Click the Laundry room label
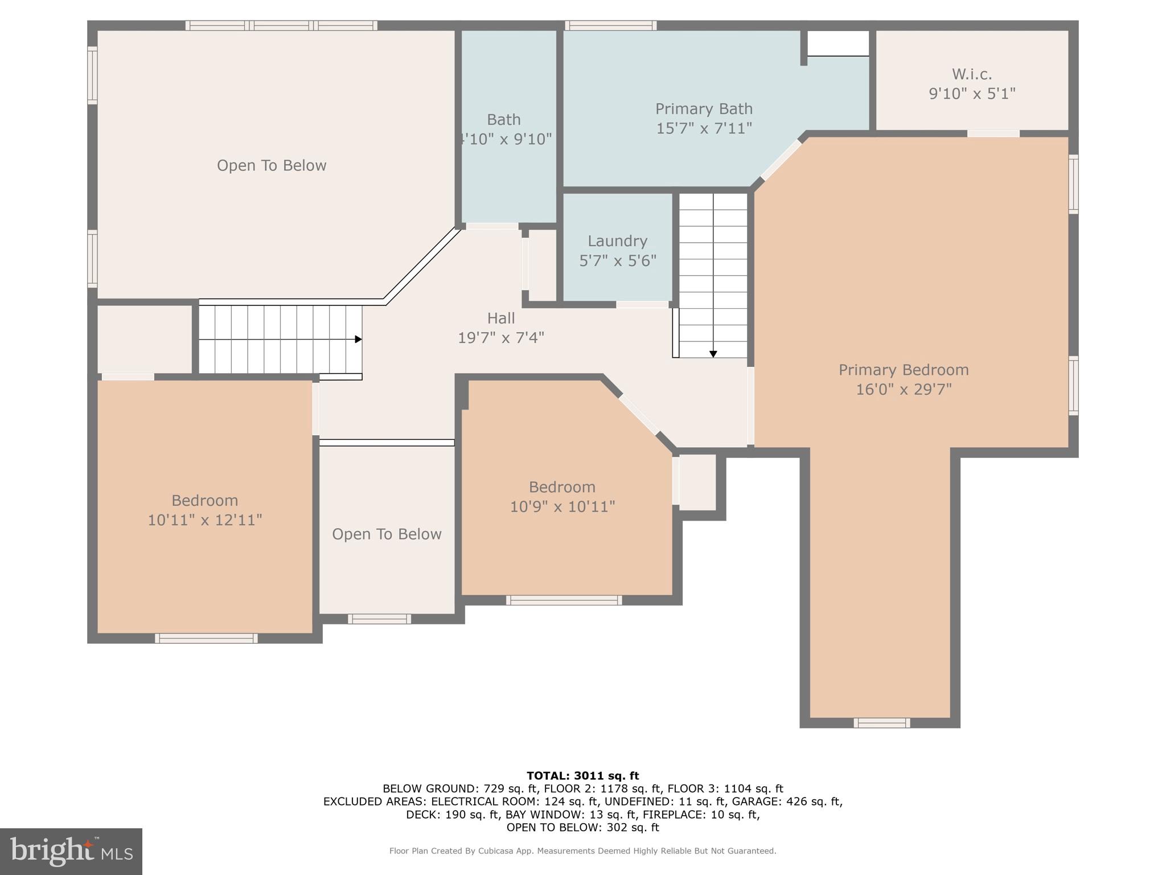click(617, 241)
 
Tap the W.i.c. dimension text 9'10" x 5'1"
click(972, 93)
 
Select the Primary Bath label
click(704, 109)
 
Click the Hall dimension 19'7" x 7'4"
click(501, 338)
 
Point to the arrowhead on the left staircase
click(359, 340)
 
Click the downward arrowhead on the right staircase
click(713, 354)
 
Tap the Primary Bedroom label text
click(904, 370)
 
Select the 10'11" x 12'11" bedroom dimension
click(205, 520)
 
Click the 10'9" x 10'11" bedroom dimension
click(563, 506)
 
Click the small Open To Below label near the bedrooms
click(387, 534)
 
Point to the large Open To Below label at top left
click(272, 166)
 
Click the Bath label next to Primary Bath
click(503, 120)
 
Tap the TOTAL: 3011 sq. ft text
click(582, 775)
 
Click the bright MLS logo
click(71, 851)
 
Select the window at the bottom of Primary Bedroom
click(881, 723)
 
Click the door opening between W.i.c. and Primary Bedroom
click(993, 133)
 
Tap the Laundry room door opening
click(642, 305)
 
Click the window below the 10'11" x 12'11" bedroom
click(206, 639)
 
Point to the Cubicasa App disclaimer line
click(582, 851)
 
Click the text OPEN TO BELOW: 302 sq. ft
click(582, 827)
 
